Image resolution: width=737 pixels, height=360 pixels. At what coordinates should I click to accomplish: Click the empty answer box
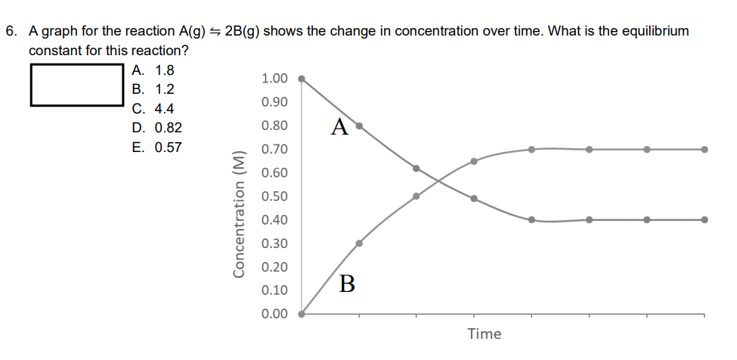pyautogui.click(x=76, y=86)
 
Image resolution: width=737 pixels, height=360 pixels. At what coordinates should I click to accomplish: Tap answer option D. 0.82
pyautogui.click(x=156, y=128)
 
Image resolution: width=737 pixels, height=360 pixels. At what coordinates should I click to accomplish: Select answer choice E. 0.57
pyautogui.click(x=156, y=147)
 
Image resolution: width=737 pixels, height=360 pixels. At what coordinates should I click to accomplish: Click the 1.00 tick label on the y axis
pyautogui.click(x=274, y=79)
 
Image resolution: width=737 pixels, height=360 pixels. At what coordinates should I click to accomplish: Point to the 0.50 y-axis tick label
pyautogui.click(x=274, y=197)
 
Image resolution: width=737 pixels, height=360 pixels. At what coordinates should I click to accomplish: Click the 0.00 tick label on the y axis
pyautogui.click(x=274, y=314)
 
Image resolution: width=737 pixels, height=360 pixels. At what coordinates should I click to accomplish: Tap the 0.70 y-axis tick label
pyautogui.click(x=274, y=150)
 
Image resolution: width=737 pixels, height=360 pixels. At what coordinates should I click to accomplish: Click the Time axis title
pyautogui.click(x=485, y=334)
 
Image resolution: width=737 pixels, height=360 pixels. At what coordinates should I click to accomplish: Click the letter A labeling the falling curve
pyautogui.click(x=340, y=127)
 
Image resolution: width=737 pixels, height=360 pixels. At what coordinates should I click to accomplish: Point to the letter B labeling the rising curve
pyautogui.click(x=347, y=284)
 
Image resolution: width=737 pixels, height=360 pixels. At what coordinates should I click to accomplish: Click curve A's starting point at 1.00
pyautogui.click(x=302, y=78)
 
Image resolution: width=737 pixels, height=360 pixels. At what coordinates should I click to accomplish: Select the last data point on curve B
pyautogui.click(x=704, y=149)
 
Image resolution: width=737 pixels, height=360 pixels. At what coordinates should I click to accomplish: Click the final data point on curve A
pyautogui.click(x=704, y=220)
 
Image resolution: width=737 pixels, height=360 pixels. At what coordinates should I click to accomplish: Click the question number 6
pyautogui.click(x=10, y=32)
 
